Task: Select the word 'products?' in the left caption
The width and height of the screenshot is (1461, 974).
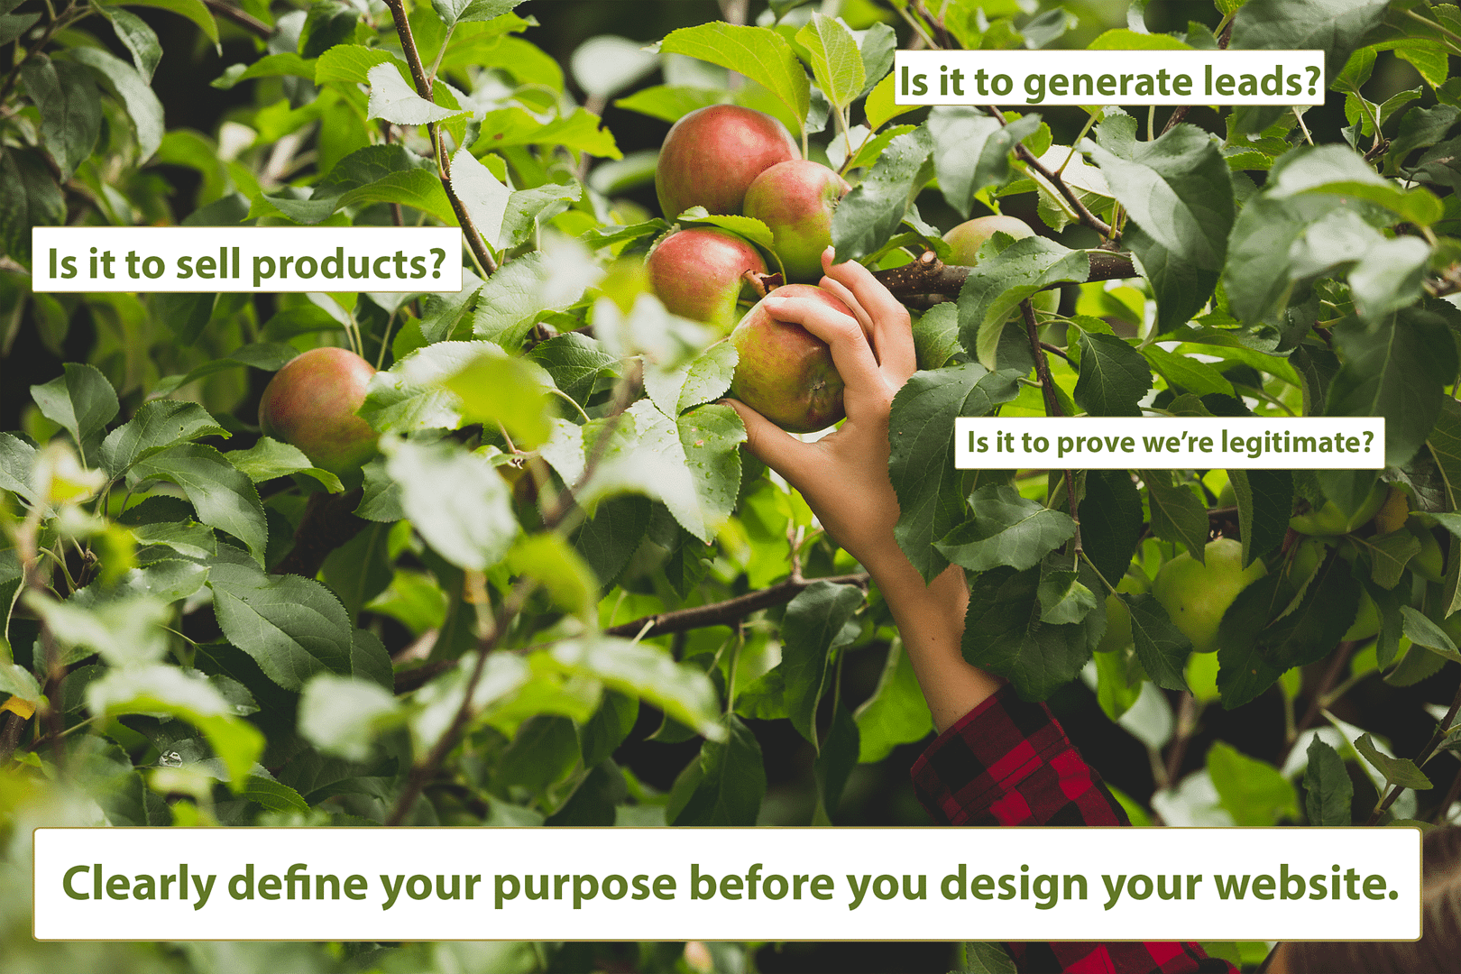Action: [x=348, y=264]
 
